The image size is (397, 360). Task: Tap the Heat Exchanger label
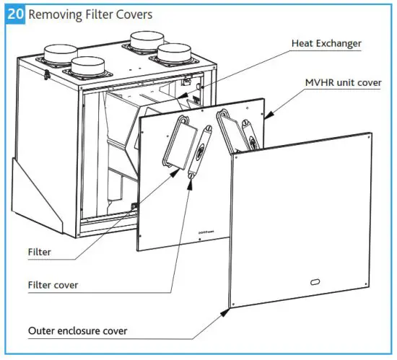pos(326,43)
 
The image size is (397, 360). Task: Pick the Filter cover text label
pos(53,284)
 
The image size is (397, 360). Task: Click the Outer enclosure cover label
pos(77,331)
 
